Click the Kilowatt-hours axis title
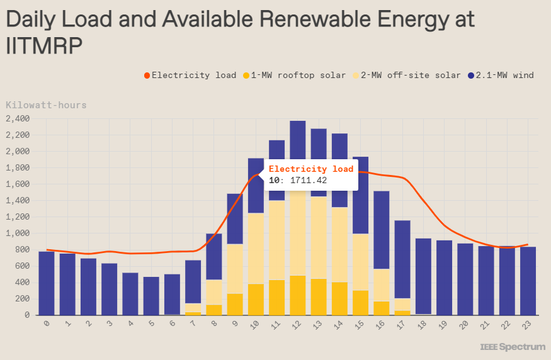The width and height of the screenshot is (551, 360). point(46,105)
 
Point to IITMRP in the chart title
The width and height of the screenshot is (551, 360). point(44,47)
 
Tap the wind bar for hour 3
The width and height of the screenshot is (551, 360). point(109,289)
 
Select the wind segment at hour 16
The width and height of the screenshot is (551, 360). point(381,230)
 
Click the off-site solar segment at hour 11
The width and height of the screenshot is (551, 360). point(276,240)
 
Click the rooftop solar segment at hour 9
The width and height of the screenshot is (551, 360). point(235,304)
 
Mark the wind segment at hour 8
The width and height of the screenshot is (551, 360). point(214,256)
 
